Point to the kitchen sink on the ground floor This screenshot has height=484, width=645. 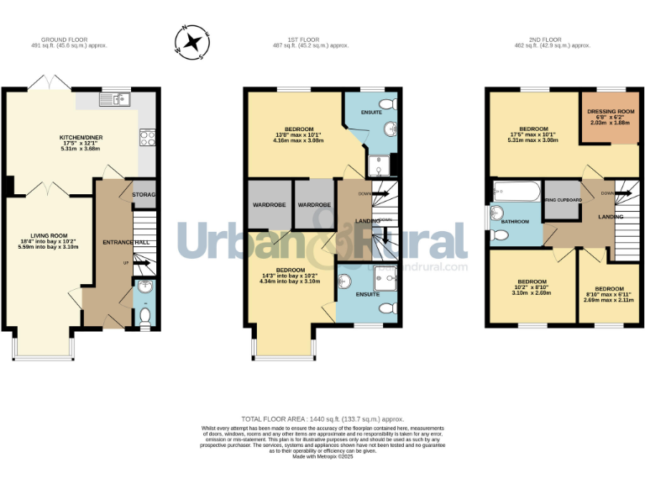[x=119, y=100]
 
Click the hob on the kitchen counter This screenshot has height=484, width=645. [x=148, y=137]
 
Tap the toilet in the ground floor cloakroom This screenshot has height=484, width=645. [x=144, y=316]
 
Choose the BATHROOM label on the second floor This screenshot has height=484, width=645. [x=515, y=222]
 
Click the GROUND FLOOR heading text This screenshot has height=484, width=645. [x=64, y=39]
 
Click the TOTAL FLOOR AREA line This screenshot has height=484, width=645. [x=322, y=418]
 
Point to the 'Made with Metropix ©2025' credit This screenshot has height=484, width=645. [x=322, y=456]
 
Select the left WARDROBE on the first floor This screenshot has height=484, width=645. [x=267, y=205]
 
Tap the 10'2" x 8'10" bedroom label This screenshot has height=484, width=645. [x=532, y=287]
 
